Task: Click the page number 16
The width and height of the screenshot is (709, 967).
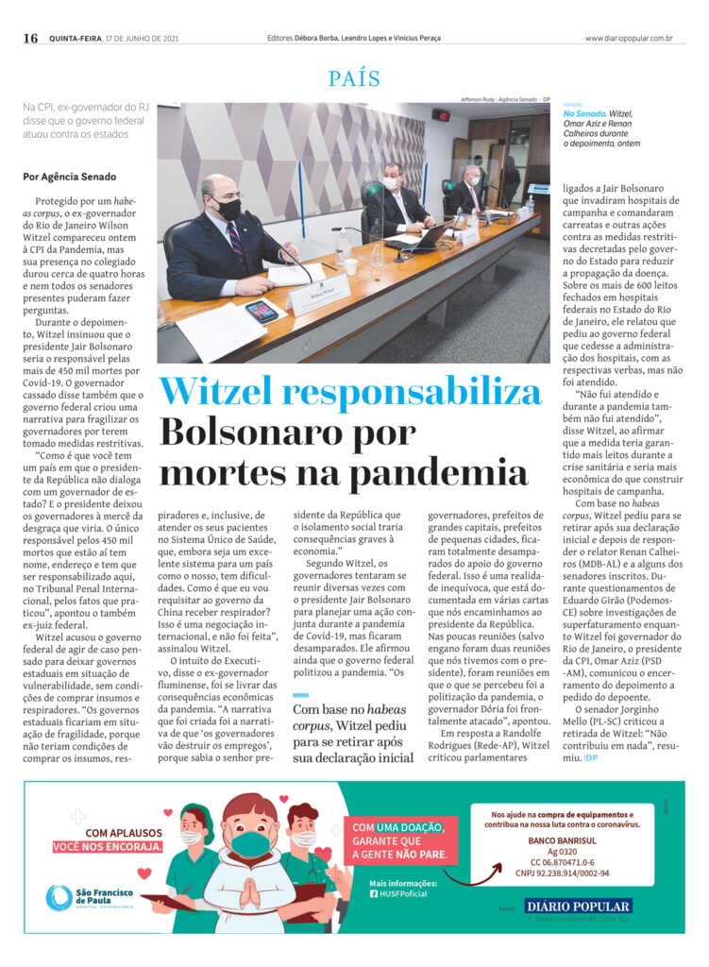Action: click(x=30, y=38)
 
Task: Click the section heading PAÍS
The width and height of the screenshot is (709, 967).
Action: click(x=354, y=78)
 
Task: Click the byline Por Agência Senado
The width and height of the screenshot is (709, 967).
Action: click(x=70, y=177)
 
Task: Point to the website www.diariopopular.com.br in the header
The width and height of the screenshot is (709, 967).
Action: click(x=628, y=39)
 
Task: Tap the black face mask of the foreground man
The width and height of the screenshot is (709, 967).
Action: click(x=227, y=208)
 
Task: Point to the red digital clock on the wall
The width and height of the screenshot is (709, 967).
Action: click(x=441, y=115)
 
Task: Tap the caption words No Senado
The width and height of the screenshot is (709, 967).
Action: click(x=582, y=113)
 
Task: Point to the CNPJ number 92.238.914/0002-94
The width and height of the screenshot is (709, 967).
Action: click(x=562, y=873)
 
